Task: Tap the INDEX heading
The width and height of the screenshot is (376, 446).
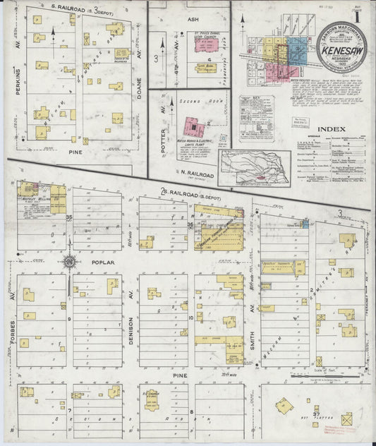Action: tap(331, 129)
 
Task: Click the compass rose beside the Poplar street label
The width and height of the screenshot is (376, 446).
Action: tap(71, 263)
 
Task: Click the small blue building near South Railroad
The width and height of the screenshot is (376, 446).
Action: tap(305, 224)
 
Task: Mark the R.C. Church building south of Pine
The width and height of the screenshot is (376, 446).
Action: tap(151, 399)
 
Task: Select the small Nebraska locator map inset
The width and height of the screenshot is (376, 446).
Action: tap(253, 167)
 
